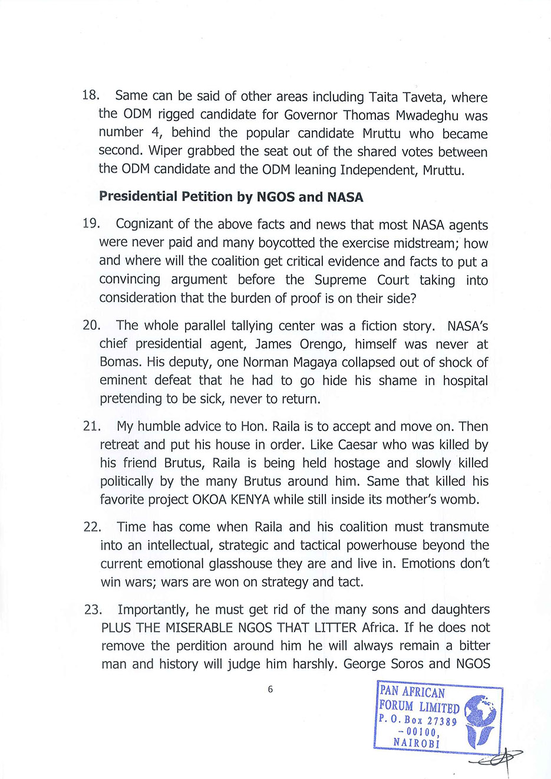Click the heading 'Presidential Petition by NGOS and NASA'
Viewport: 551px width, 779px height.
[231, 197]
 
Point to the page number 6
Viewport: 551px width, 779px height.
[270, 689]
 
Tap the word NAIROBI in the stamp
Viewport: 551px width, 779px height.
[417, 742]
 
